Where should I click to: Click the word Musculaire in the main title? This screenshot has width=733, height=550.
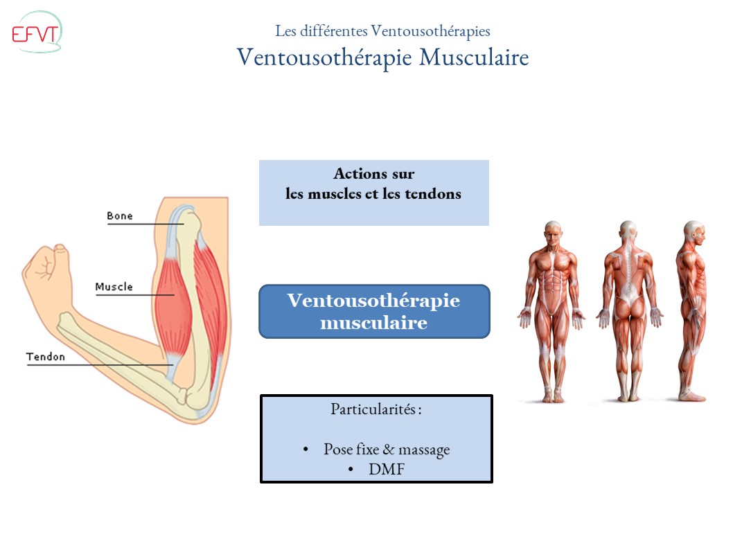(475, 57)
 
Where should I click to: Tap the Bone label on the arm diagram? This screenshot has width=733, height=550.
(119, 216)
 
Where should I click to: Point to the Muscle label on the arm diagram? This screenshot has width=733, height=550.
(114, 287)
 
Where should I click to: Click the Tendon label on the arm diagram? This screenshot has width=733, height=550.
(46, 357)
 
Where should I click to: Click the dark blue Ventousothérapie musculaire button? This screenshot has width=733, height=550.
(374, 311)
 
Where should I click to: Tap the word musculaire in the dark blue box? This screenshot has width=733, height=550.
(374, 322)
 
